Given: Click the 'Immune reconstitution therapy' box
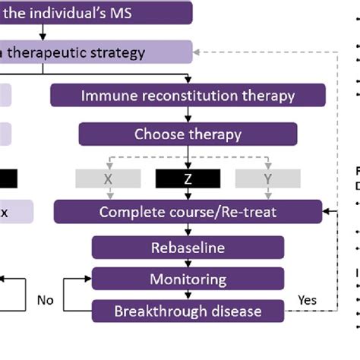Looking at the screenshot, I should (x=188, y=96).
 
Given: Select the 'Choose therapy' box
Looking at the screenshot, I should (x=188, y=135).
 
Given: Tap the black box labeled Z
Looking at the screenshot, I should (x=188, y=178).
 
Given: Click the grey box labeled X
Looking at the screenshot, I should (x=107, y=178).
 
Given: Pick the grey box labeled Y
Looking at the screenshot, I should (x=268, y=178).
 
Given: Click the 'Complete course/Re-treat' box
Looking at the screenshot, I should (x=188, y=211).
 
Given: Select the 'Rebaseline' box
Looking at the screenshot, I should (x=188, y=248).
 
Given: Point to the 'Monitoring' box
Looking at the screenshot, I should (x=188, y=279).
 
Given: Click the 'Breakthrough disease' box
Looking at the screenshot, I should (x=188, y=311).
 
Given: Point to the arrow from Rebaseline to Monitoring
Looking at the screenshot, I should (x=188, y=262).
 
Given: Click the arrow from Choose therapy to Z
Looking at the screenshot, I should (x=188, y=156).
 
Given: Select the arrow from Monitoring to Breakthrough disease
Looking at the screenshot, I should (x=188, y=295).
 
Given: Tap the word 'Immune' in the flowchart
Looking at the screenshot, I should (x=105, y=96).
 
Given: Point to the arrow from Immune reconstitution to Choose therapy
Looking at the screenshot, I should (x=188, y=115).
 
